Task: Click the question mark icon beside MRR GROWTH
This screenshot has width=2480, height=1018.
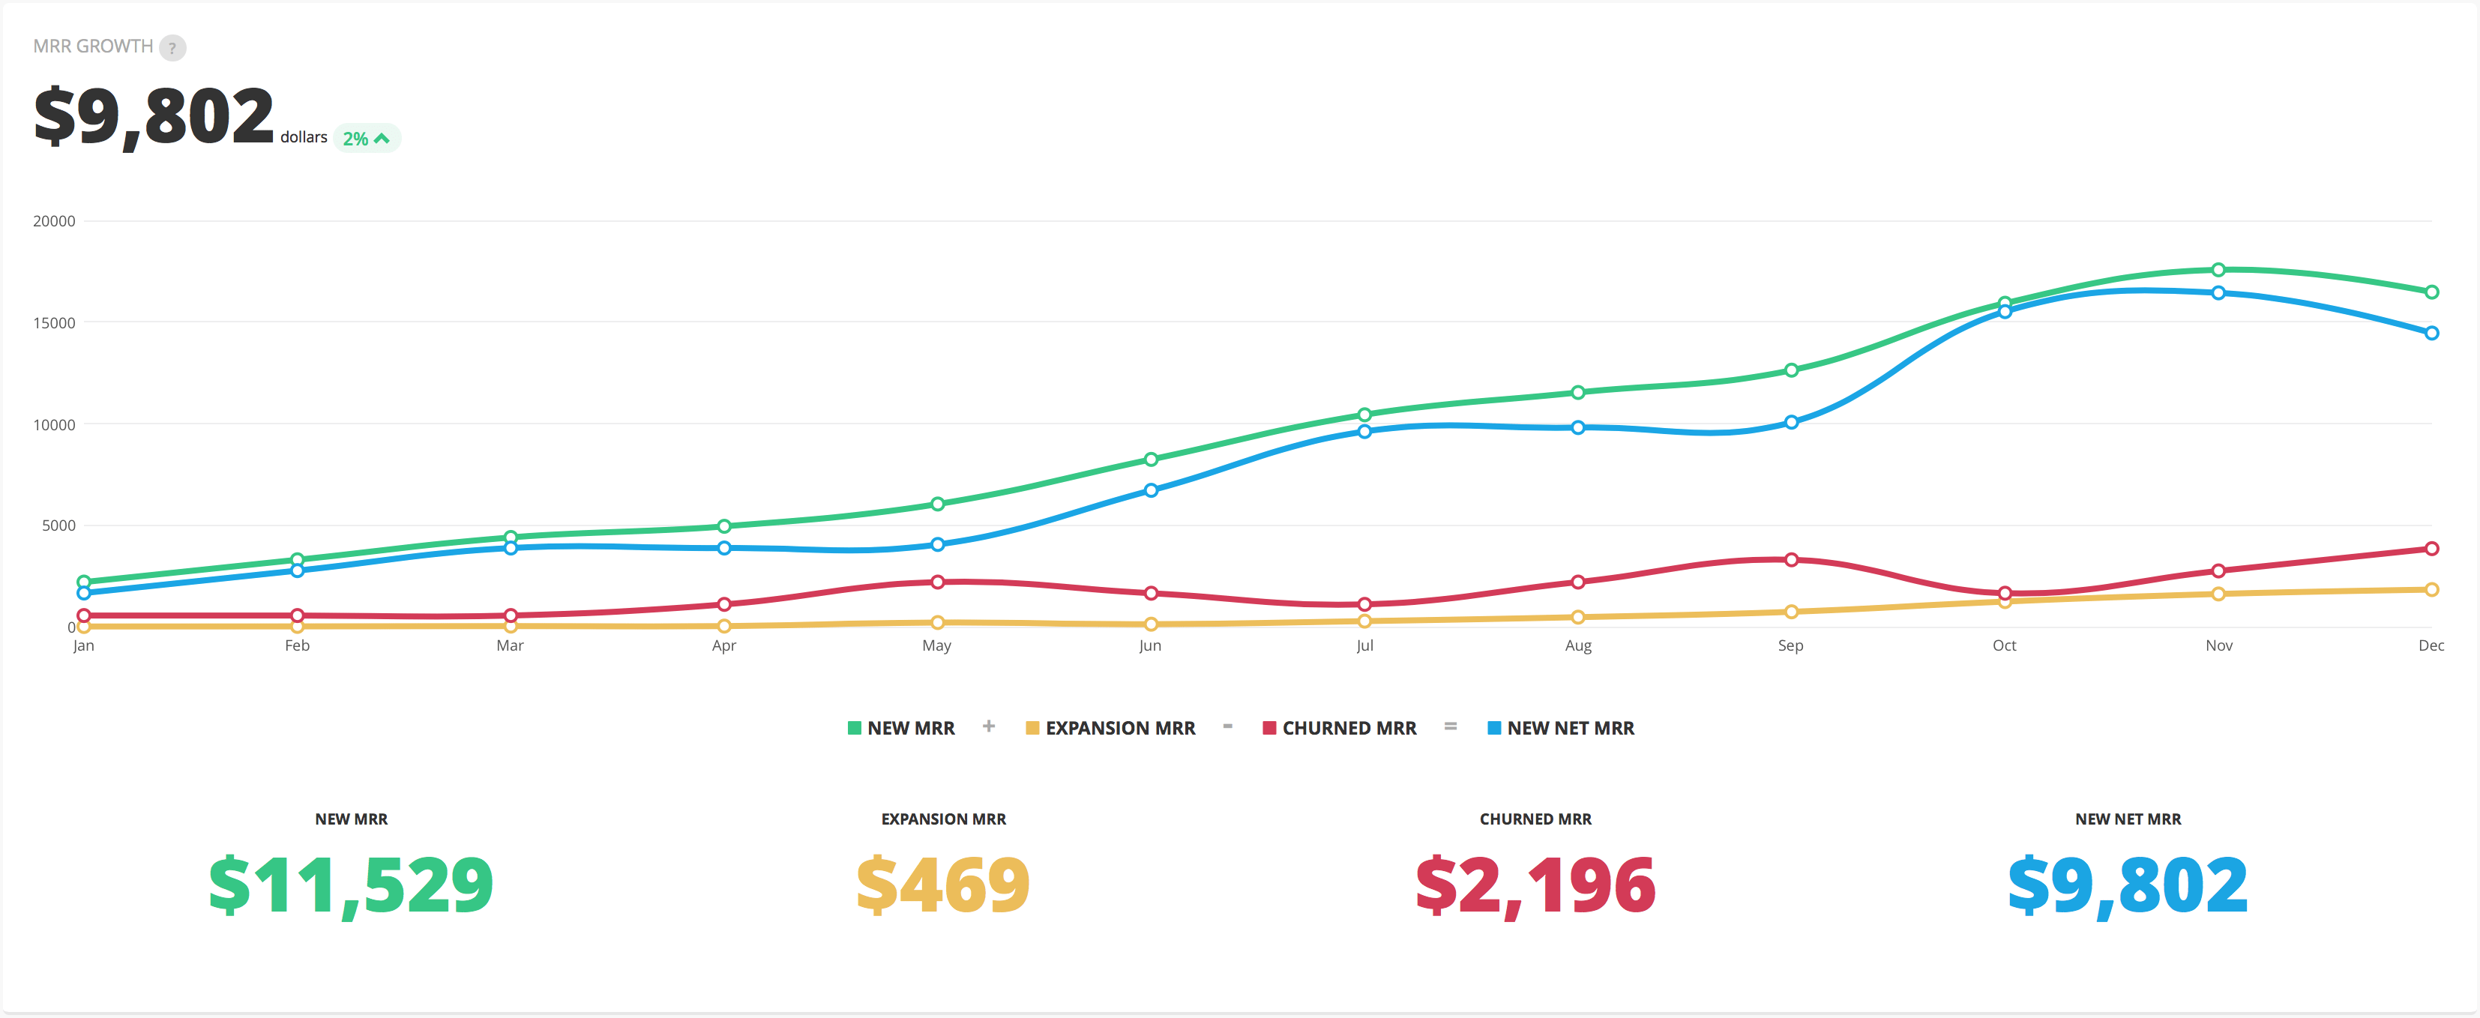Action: point(172,47)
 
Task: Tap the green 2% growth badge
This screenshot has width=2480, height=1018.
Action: point(366,139)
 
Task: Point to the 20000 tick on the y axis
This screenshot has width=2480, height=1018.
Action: point(54,221)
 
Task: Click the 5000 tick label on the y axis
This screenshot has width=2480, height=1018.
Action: point(58,525)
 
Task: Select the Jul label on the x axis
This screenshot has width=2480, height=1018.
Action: point(1364,646)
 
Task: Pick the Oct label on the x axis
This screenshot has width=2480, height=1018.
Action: point(2005,646)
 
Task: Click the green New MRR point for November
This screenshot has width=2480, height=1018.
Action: point(2218,270)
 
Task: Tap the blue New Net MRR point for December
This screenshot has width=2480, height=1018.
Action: point(2432,334)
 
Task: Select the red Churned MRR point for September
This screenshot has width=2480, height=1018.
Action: point(1792,559)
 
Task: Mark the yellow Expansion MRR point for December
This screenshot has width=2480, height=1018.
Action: point(2432,589)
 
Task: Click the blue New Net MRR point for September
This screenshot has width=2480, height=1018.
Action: point(1792,422)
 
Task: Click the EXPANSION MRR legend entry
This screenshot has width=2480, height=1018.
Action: point(1111,728)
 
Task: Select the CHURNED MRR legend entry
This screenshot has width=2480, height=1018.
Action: point(1340,728)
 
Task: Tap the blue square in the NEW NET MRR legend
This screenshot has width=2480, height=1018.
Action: point(1494,728)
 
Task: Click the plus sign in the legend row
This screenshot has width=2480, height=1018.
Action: point(989,726)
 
